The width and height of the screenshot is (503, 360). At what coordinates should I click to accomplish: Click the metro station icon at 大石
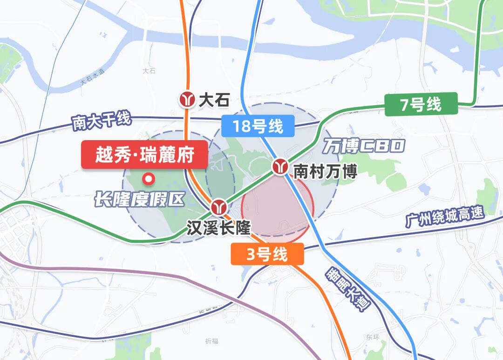189,100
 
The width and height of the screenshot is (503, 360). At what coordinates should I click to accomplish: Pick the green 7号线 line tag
421,104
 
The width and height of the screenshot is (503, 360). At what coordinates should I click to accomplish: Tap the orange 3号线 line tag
267,254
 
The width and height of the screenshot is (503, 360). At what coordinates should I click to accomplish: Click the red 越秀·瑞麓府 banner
144,154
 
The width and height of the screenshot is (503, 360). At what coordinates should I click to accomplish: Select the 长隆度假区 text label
139,200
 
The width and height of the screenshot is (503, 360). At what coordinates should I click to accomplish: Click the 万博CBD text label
364,146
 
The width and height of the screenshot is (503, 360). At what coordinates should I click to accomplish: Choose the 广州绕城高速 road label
445,217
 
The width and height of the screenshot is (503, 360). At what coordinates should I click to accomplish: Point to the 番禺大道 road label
347,289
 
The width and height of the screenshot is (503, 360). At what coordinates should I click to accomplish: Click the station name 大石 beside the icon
214,100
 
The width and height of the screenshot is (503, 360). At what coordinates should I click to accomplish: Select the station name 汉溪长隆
218,228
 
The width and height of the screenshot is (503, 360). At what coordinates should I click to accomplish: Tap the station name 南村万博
325,172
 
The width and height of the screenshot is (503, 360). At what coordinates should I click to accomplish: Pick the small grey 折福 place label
211,341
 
